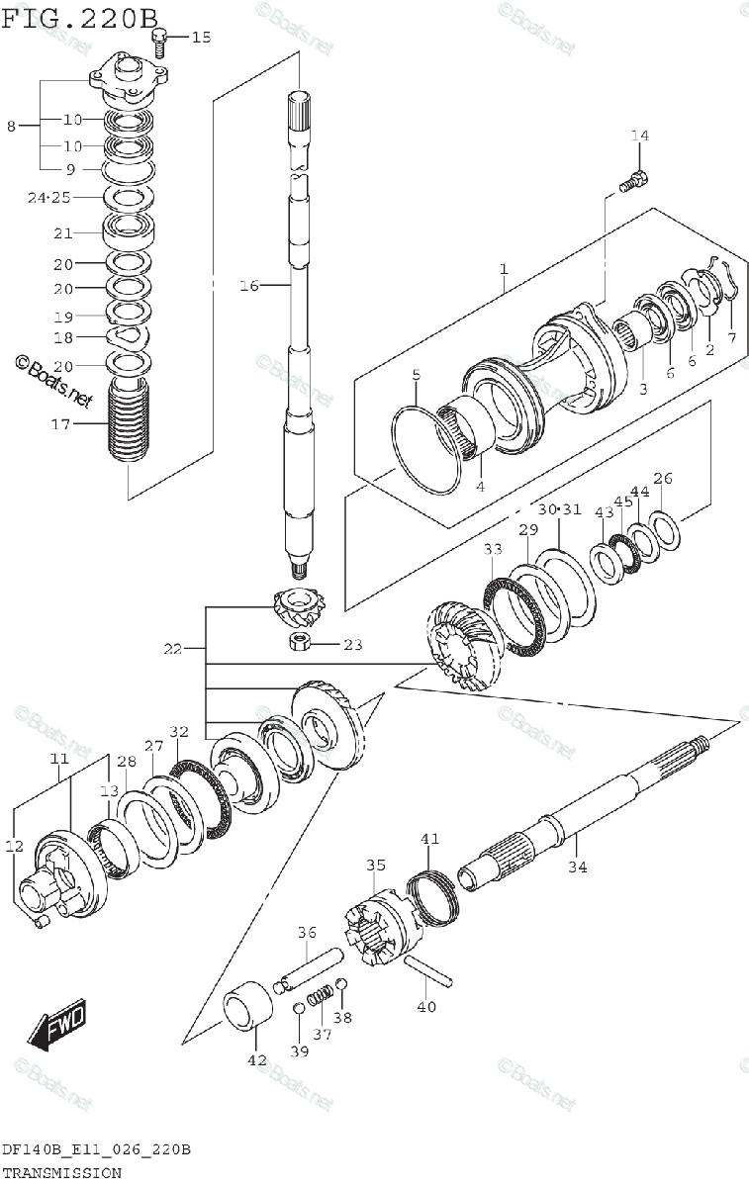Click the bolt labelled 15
[x=159, y=40]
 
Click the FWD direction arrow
[x=57, y=1025]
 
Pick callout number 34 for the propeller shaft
[x=577, y=867]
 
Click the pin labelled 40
[x=427, y=971]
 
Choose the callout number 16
[x=248, y=286]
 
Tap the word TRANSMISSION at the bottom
[x=61, y=1173]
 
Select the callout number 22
[x=173, y=649]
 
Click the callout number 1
[x=504, y=269]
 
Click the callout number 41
[x=428, y=840]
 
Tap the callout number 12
[x=14, y=846]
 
